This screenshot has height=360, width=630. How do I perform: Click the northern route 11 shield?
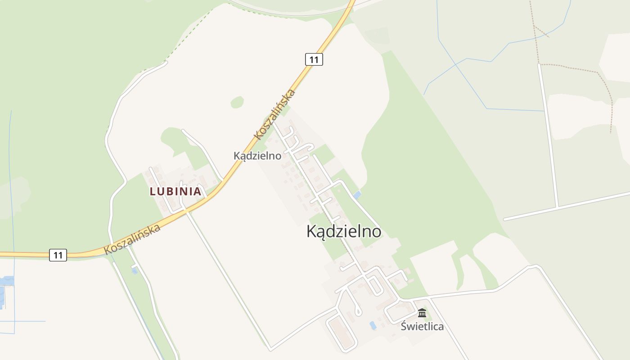pos(314,59)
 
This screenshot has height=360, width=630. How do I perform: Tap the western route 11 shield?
pos(58,255)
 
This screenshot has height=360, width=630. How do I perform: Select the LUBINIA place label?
pos(175,191)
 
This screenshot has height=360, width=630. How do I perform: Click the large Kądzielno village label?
pos(344,231)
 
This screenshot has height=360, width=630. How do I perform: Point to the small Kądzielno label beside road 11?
pos(257,156)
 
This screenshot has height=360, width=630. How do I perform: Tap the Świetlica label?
pos(422,327)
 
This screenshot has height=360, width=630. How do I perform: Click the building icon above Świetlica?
pos(422,313)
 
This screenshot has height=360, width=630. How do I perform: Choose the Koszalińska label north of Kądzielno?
pos(274,114)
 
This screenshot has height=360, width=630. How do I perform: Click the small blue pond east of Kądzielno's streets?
pos(357,195)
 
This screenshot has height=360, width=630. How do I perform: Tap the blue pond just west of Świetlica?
pos(373,325)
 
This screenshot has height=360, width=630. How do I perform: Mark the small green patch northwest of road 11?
pos(237,102)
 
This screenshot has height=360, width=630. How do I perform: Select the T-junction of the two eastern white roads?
pos(558,207)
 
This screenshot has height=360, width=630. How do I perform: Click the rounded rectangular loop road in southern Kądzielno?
pos(341,333)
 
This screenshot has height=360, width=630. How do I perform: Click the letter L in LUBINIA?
pos(153,191)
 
